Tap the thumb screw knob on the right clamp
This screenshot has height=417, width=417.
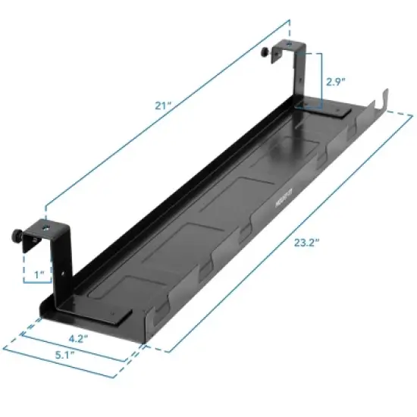265,53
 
